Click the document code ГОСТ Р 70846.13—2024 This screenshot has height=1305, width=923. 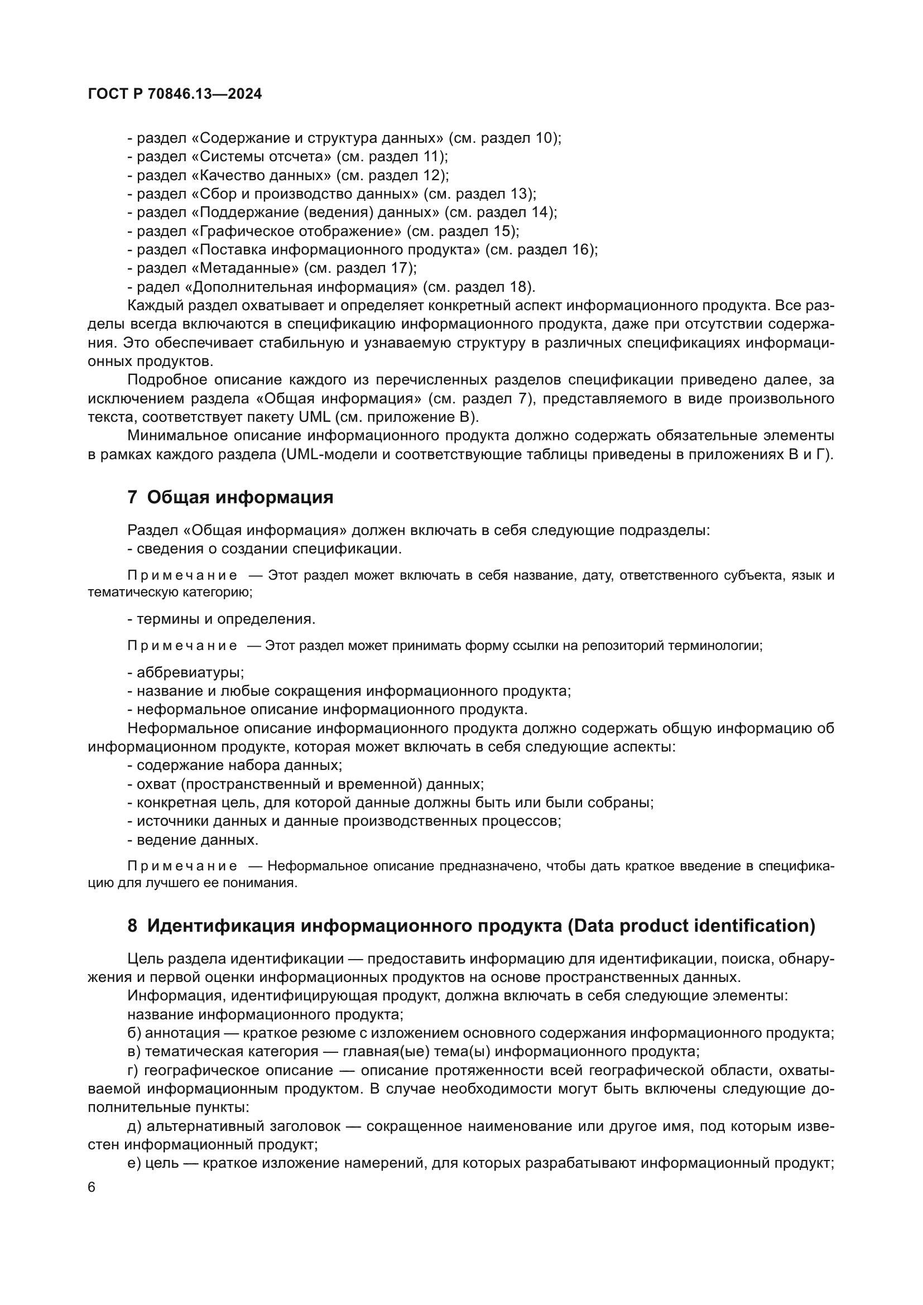175,94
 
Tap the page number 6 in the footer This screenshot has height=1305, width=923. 92,1188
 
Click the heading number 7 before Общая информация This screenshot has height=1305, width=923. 132,498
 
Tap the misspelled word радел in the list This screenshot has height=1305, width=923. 157,286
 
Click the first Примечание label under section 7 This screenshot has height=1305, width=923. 182,576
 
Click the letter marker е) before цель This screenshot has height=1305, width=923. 134,1163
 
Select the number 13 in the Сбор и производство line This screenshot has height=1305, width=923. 520,194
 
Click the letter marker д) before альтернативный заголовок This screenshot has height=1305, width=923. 134,1126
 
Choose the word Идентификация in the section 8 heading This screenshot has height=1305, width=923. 220,926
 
